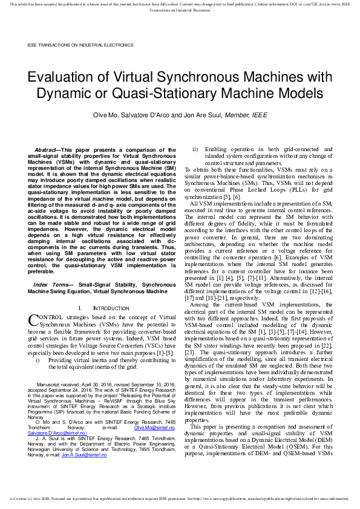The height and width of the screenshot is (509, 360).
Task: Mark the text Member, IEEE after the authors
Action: (x=250, y=115)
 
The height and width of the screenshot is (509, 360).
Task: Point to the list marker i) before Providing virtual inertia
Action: (x=39, y=360)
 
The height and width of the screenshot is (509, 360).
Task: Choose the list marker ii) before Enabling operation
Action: (x=195, y=149)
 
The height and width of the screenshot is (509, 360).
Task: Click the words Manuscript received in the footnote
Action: (x=57, y=384)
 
